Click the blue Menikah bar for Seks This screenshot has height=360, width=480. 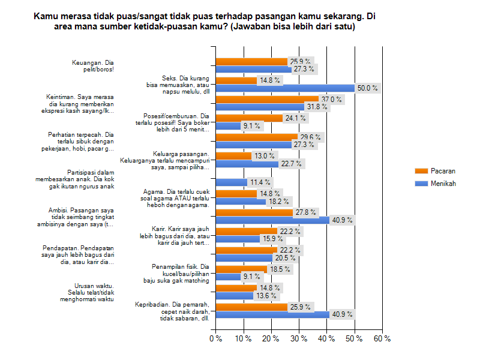(x=285, y=88)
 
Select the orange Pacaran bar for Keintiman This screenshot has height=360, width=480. (x=267, y=99)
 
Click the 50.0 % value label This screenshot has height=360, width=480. (x=367, y=88)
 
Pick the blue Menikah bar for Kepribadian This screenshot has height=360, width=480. (x=272, y=314)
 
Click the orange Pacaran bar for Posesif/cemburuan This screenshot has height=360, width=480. (x=249, y=118)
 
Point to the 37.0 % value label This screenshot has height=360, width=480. (x=331, y=99)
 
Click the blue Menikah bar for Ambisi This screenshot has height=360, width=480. (x=272, y=220)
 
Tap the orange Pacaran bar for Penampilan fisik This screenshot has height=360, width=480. (x=241, y=269)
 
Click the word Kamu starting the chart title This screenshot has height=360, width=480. (x=46, y=17)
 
